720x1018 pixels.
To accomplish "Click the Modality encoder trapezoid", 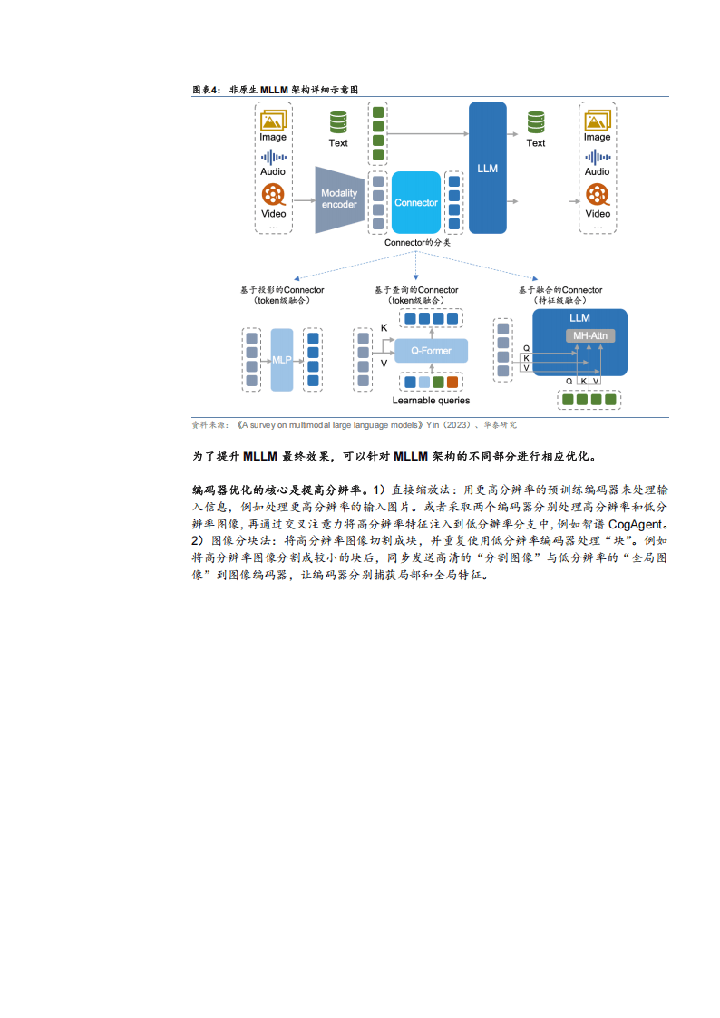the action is (339, 199).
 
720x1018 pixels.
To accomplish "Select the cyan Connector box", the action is (416, 202).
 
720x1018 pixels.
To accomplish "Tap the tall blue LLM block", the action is (488, 168).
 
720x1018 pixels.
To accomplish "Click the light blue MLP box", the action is (282, 360).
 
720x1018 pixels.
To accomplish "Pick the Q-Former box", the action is (431, 351).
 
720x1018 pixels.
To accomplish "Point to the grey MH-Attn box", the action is (590, 335).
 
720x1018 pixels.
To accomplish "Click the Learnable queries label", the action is (431, 401).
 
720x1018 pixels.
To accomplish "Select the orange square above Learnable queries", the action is (452, 383).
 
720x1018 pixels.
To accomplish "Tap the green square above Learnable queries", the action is (438, 383).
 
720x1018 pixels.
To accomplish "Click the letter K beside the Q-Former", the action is (384, 328).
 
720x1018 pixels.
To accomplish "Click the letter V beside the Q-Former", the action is (384, 364).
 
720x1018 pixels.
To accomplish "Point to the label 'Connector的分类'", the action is (417, 243).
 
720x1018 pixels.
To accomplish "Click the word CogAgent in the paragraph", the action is (635, 524).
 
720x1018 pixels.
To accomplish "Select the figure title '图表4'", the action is (207, 90).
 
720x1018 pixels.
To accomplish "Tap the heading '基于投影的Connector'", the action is (282, 290).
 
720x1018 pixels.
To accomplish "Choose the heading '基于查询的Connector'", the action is (416, 290).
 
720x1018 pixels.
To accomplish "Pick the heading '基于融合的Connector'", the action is (560, 290).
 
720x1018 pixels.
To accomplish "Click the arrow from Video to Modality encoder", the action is (304, 200).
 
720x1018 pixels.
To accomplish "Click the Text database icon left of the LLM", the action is (338, 122).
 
